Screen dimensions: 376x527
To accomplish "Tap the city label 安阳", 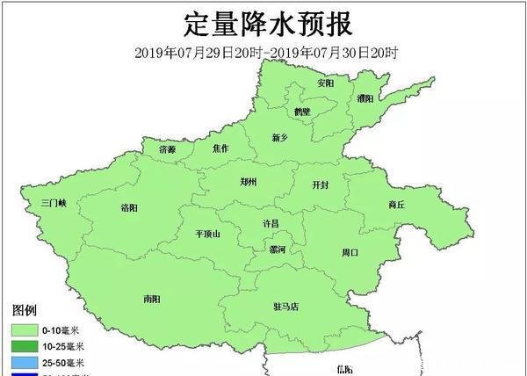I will pos(326,83).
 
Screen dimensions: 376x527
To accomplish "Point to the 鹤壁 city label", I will pos(302,112).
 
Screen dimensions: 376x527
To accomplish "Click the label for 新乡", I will pos(280,138).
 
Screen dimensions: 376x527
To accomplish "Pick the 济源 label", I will pos(167,150).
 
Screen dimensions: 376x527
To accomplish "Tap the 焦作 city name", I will pos(220,149).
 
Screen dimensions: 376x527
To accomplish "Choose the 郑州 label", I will pos(249,182).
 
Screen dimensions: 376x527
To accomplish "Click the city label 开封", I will pos(321,185).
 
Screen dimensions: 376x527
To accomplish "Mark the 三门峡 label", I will pos(54,203).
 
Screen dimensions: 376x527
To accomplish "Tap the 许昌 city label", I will pos(271,224).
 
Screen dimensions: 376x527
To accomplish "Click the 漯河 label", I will pos(277,250).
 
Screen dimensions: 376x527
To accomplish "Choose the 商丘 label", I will pos(396,205).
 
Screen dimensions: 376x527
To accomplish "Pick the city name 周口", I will pos(350,252).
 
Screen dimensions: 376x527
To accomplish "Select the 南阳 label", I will pos(151,299).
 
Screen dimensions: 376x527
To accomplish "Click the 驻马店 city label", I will pos(286,307).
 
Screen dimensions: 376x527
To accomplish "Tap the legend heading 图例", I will pos(24,310).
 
